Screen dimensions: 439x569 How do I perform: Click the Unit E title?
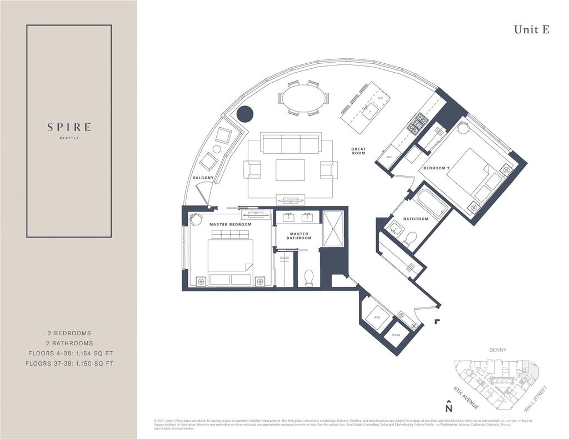(x=531, y=30)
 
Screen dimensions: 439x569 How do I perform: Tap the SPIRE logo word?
(x=69, y=127)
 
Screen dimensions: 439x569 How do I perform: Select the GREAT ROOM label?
(x=358, y=151)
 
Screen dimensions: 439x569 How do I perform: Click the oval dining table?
(x=303, y=98)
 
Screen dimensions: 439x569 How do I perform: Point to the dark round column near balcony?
(x=244, y=114)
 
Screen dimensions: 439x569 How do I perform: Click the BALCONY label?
(x=203, y=178)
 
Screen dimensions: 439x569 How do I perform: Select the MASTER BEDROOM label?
(x=230, y=224)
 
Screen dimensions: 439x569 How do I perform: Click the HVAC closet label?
(x=396, y=336)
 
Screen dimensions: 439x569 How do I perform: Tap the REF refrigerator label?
(x=389, y=158)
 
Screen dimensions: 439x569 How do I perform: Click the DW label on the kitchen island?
(x=380, y=98)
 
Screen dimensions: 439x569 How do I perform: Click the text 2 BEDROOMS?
(x=69, y=333)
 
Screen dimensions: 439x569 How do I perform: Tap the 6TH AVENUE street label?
(x=466, y=397)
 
